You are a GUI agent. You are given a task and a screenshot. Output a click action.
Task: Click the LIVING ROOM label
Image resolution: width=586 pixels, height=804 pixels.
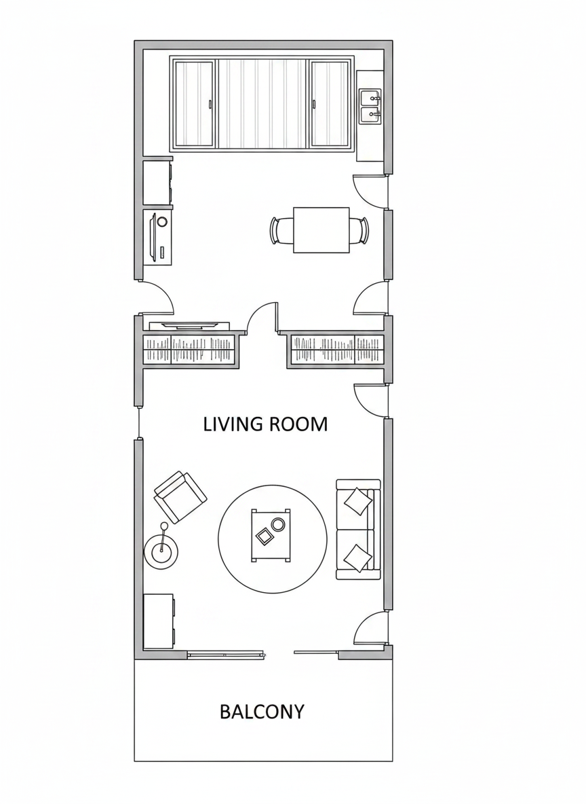[265, 424]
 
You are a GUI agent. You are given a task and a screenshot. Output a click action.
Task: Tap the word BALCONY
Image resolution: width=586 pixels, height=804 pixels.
[262, 712]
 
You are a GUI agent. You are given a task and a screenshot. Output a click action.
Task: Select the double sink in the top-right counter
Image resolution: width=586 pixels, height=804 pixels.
[370, 107]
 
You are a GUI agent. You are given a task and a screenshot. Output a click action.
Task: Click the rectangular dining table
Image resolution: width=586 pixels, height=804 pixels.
[321, 230]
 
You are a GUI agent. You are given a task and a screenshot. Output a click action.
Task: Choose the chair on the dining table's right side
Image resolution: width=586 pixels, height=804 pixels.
[359, 231]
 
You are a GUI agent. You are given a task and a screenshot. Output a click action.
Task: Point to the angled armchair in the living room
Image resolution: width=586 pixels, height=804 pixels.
[180, 497]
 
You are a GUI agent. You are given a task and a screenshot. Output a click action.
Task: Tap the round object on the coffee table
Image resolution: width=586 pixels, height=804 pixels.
[278, 524]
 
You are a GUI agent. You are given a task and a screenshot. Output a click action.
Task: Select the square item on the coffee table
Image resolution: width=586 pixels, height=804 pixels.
[265, 536]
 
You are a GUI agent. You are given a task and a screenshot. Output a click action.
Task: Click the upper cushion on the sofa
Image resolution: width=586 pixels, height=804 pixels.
[358, 500]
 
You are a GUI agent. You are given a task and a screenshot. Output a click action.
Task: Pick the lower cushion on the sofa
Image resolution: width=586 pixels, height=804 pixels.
[357, 558]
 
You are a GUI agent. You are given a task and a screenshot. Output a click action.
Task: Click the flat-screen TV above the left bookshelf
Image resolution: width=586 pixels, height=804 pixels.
[189, 325]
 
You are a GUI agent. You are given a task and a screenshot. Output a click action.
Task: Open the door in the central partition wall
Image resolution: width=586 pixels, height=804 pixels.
[262, 317]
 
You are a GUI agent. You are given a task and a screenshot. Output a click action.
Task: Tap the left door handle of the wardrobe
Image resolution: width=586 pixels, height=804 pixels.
[210, 104]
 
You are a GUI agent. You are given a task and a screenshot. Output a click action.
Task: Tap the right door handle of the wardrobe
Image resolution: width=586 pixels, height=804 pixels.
[313, 104]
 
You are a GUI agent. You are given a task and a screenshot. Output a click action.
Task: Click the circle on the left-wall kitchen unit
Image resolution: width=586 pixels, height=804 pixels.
[162, 221]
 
